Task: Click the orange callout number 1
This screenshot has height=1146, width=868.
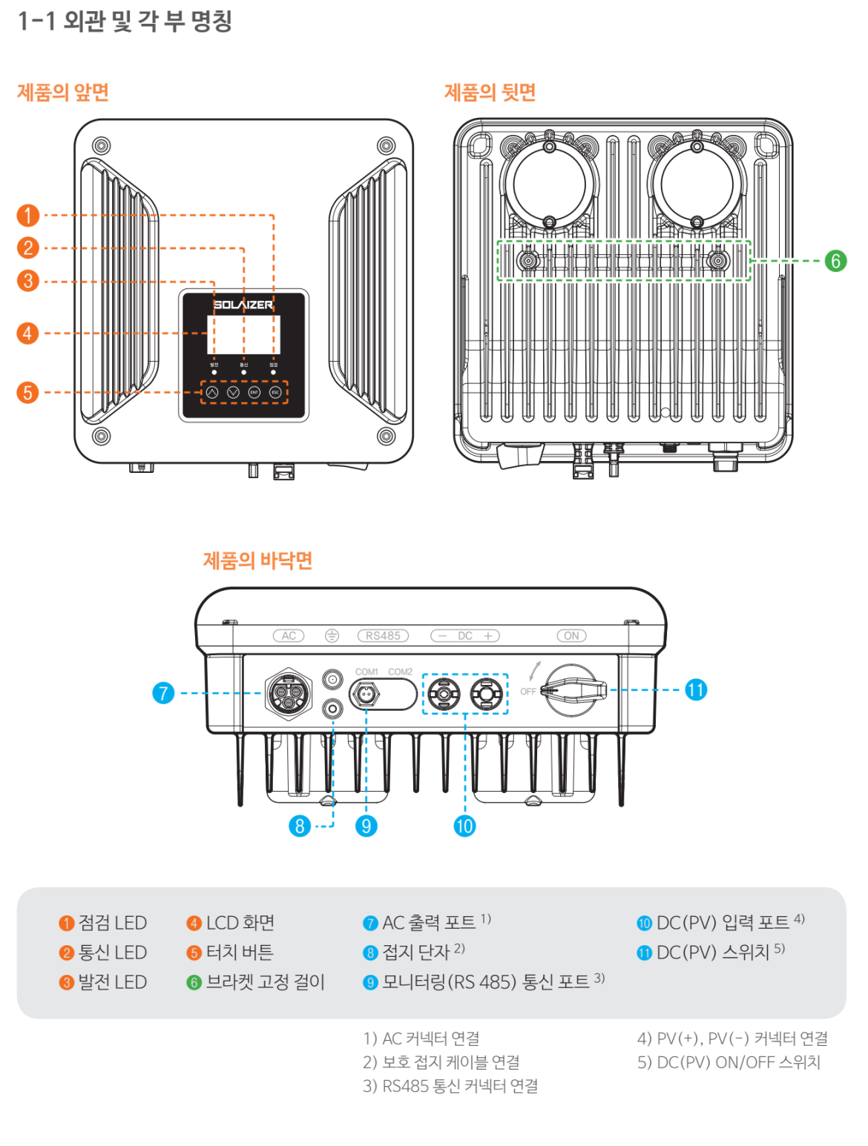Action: pos(28,216)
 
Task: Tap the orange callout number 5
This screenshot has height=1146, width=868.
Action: pos(28,392)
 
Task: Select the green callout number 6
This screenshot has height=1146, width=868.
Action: pos(835,261)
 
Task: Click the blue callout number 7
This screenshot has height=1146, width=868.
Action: pos(163,693)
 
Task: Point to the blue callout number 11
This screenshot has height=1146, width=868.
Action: pos(695,690)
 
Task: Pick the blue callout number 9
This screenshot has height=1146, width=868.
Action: pos(366,826)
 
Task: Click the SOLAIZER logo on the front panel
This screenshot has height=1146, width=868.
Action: pos(243,305)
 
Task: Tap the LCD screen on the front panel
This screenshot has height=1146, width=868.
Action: pos(243,334)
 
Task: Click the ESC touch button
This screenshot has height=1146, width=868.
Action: pos(275,392)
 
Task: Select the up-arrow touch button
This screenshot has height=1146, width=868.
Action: pos(212,392)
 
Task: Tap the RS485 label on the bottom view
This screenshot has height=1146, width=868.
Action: pos(383,636)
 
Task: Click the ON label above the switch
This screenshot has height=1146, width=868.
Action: pos(571,636)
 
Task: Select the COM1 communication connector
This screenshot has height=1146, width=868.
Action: pos(366,695)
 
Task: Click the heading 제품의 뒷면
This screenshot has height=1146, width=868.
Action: pos(490,93)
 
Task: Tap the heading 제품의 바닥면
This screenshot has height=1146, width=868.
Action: pos(257,560)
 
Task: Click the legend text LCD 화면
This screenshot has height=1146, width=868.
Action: pos(240,923)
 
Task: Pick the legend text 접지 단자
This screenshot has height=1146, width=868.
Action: pos(415,953)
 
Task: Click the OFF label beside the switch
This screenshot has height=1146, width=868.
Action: pos(527,692)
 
